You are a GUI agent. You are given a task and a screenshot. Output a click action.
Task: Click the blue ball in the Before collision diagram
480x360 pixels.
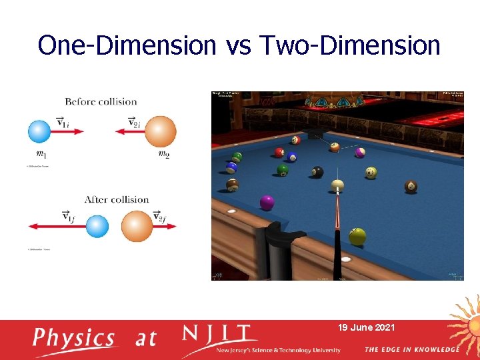[39, 131]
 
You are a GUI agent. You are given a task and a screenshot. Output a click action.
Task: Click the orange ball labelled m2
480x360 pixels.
[161, 131]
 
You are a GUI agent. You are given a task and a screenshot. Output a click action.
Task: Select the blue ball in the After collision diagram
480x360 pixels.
[97, 227]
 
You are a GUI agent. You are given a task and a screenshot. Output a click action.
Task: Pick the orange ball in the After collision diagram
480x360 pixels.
[137, 227]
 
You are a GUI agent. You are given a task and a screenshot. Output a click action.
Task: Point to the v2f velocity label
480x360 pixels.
[159, 217]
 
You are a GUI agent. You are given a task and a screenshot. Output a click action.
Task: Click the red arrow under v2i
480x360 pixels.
[129, 131]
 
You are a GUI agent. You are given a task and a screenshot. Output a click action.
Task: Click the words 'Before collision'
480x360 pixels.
[101, 102]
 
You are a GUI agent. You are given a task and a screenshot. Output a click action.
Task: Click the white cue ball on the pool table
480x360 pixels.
[337, 185]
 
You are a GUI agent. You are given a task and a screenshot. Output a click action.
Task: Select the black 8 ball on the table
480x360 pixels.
[318, 172]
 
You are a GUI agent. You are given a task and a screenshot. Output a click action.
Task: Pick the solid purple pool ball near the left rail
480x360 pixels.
[267, 202]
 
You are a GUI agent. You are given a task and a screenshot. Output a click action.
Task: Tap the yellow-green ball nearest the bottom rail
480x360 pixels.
[358, 236]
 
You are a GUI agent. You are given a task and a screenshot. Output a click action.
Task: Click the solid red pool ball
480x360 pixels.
[279, 153]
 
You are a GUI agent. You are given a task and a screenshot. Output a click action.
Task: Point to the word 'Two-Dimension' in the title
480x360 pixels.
[351, 45]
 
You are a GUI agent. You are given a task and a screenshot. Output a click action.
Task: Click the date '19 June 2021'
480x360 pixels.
[366, 327]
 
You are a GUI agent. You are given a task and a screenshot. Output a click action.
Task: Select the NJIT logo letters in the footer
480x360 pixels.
[220, 334]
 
